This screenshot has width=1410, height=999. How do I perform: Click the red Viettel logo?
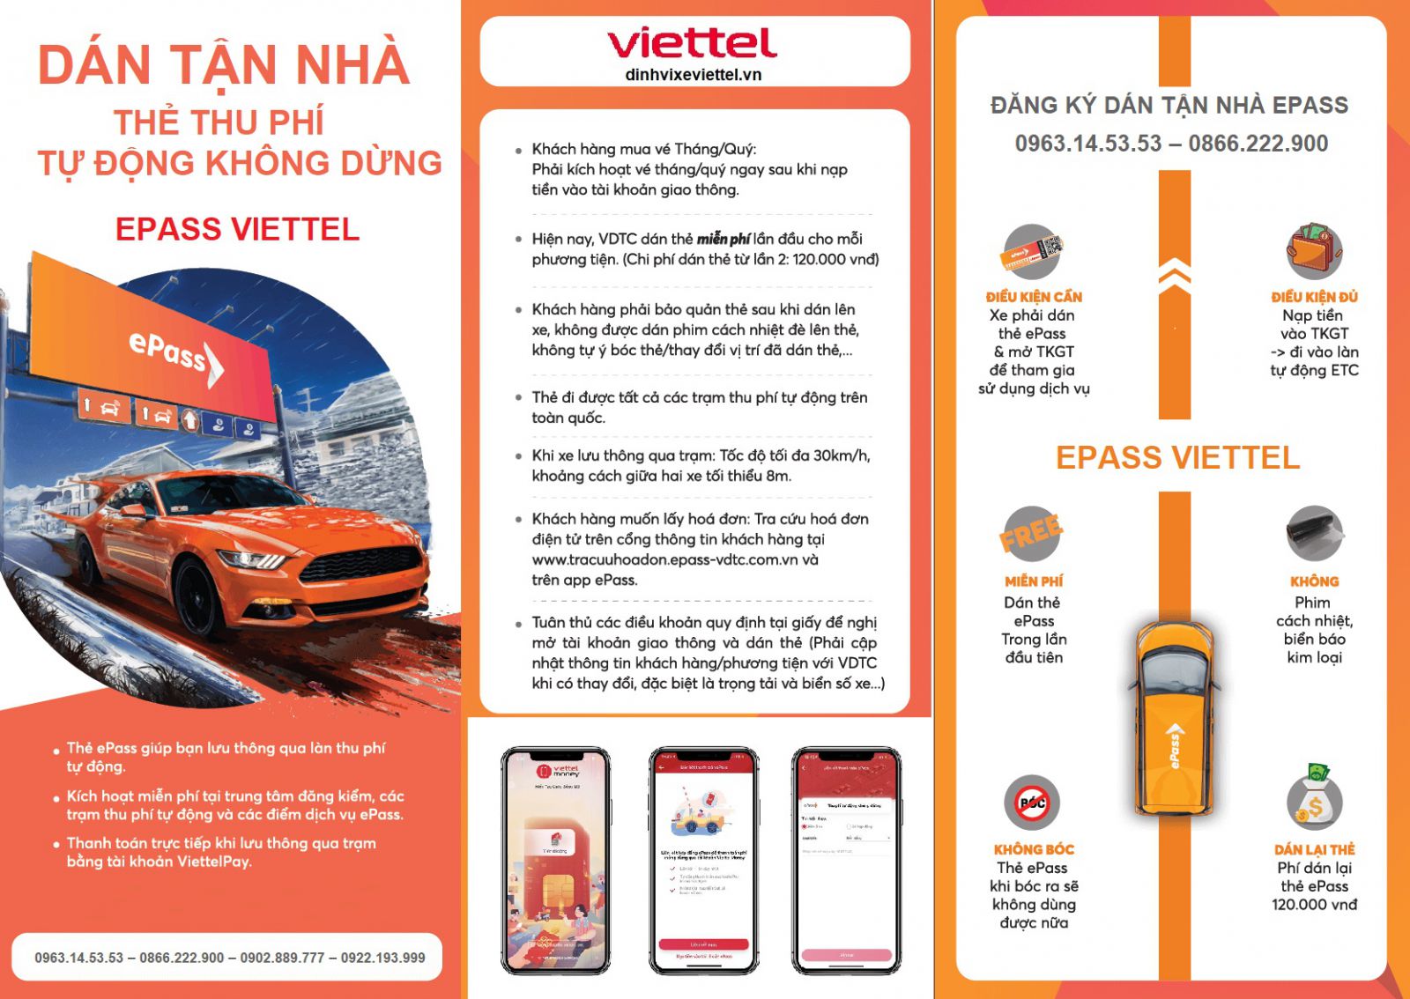pos(692,42)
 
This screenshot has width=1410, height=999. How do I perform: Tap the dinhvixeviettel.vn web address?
pos(693,75)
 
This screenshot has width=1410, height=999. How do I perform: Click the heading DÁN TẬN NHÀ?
pos(224,65)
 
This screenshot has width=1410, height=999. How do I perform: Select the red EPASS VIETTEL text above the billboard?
pos(237,229)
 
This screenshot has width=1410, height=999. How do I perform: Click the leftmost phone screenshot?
pos(555,861)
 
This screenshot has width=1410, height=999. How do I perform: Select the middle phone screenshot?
pos(703,861)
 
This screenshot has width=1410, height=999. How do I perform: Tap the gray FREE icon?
pos(1031,533)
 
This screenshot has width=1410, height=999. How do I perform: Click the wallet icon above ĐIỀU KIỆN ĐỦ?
pos(1314,250)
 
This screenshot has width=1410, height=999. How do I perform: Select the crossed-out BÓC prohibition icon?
pos(1032,803)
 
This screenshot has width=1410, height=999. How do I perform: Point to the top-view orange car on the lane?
pos(1174,718)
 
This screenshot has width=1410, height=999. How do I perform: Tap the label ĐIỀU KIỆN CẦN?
pos(1034,297)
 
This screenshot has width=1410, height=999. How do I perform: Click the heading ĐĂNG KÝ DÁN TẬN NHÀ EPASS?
pos(1169,106)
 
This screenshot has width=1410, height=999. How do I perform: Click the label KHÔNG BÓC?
pos(1034,849)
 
